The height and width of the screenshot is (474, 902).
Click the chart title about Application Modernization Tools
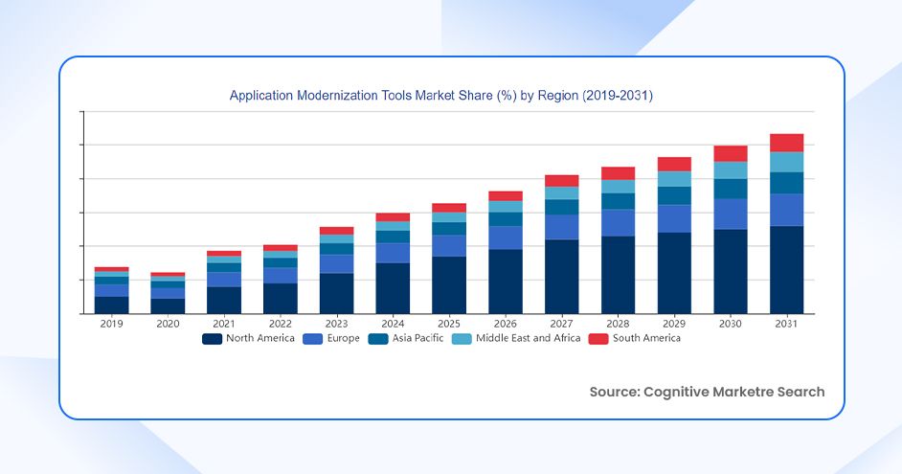click(x=441, y=96)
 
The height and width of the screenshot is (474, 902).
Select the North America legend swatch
click(x=213, y=338)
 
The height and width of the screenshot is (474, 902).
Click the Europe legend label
click(x=343, y=338)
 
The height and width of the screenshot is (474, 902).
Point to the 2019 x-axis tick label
click(x=111, y=324)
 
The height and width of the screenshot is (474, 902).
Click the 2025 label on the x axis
click(x=449, y=324)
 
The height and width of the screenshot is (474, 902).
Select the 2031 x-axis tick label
click(x=787, y=324)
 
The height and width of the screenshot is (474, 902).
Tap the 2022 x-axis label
click(x=281, y=324)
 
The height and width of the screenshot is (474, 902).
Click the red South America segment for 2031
click(x=787, y=143)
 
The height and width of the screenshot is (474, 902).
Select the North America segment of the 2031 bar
click(x=787, y=270)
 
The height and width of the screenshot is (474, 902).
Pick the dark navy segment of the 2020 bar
click(x=168, y=305)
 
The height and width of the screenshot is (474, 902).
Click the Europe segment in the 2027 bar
click(x=562, y=227)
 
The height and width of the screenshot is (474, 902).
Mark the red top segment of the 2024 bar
click(x=393, y=216)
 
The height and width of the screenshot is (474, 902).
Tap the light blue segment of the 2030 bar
click(x=731, y=169)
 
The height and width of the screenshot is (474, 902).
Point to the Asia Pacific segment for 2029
click(x=674, y=195)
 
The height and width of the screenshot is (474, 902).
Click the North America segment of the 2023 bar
click(x=336, y=293)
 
